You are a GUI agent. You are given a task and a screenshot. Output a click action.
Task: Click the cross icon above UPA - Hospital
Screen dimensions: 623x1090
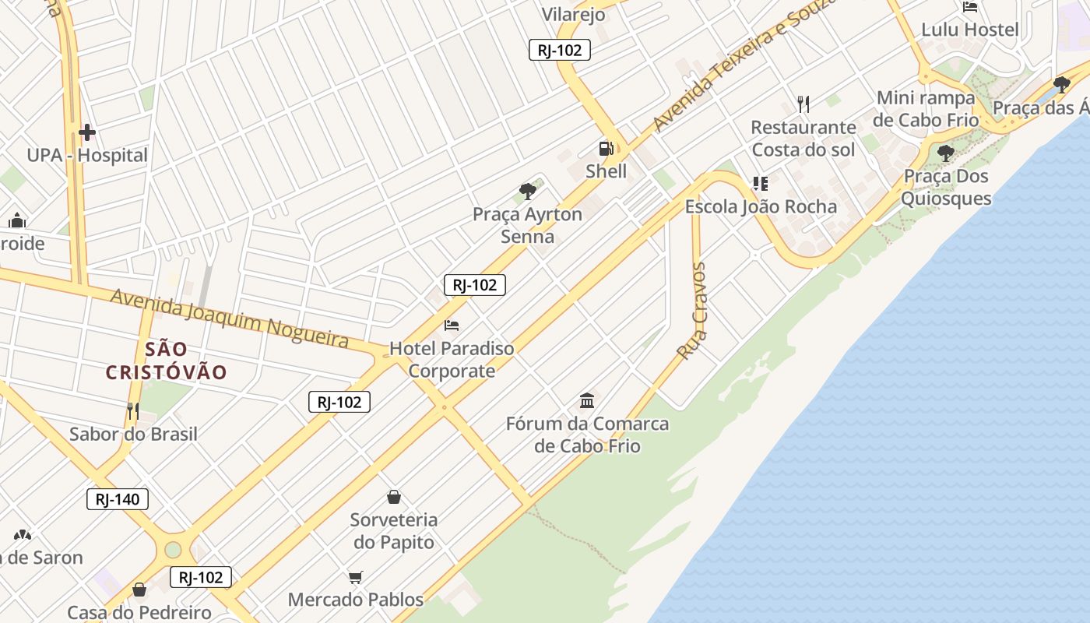pos(86,132)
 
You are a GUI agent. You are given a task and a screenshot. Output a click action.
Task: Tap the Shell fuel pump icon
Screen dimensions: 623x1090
pos(606,149)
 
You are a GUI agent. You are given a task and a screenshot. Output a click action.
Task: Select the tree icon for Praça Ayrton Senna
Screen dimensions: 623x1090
pos(528,191)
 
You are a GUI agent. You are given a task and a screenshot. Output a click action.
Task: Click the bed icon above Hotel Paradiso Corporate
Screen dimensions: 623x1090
pos(452,325)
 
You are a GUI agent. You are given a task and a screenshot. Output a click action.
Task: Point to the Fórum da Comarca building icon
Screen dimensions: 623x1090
pos(587,401)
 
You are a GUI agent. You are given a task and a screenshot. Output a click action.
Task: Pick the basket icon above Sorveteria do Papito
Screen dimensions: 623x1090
pos(394,497)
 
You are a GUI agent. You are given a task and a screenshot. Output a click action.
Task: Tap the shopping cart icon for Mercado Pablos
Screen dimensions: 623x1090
pos(356,577)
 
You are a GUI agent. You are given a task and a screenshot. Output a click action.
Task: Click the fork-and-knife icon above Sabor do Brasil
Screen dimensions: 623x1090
pos(133,410)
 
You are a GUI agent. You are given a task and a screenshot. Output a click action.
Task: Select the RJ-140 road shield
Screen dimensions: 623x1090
pos(118,499)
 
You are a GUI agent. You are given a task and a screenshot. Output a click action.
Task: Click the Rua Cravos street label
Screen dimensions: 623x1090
pos(691,311)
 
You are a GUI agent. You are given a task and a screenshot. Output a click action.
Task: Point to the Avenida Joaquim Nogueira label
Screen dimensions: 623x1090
pos(229,318)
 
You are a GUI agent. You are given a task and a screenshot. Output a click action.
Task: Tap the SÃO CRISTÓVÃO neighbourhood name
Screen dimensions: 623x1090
pos(166,361)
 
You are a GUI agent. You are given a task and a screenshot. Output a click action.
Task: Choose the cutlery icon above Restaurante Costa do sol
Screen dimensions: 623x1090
pos(803,104)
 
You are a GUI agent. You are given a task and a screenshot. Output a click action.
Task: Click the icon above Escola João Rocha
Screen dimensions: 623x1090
pos(760,184)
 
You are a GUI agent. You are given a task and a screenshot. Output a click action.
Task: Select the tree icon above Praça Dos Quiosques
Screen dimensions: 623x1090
pos(946,153)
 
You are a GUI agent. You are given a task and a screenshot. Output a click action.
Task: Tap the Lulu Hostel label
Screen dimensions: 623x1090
pos(969,30)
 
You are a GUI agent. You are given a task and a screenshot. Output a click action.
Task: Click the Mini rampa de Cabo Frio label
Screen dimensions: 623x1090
pos(926,109)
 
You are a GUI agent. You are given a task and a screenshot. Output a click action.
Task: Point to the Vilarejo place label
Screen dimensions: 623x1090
pos(573,14)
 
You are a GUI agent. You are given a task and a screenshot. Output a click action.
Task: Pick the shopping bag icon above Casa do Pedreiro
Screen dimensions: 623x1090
pos(139,590)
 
